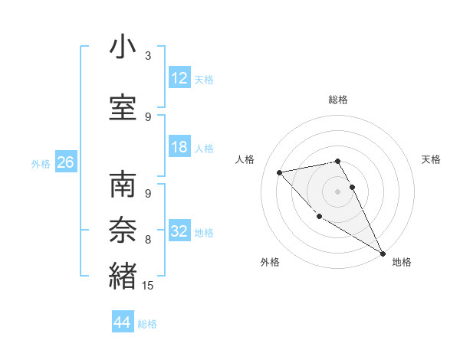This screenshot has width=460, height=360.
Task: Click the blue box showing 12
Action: coord(179,78)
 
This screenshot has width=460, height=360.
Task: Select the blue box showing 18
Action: coord(179,148)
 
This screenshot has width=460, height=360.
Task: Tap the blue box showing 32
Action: coord(179,231)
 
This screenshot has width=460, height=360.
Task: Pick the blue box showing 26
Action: coord(65,162)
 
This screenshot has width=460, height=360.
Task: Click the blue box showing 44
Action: coord(123,322)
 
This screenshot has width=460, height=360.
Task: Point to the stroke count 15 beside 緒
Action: coord(148,286)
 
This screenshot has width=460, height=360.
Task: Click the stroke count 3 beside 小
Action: coord(148,56)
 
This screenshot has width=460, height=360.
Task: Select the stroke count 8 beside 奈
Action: coord(148,240)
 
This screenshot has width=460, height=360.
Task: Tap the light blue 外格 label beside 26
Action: coord(41,163)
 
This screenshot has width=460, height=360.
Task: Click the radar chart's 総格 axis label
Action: coord(338,100)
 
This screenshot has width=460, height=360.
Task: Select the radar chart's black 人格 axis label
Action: coord(245,159)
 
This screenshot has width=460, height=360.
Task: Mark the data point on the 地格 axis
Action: coord(383,254)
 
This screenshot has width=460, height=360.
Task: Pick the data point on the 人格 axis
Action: coord(280,172)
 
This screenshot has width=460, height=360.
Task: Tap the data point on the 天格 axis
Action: coord(353,187)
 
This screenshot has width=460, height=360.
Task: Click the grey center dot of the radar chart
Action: coord(338,191)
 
